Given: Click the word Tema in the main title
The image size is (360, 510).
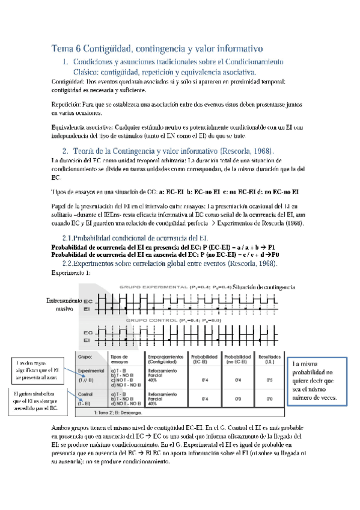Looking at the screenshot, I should pos(63,48).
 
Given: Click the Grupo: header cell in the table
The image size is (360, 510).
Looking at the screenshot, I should pos(85,357).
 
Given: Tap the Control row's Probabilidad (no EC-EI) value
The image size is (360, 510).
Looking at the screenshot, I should pos(237,398).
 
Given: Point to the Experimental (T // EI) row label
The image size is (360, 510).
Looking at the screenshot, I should pos(91,376).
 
